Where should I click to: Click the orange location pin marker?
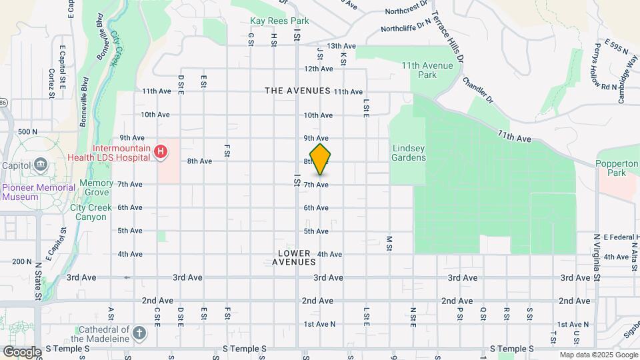pyautogui.click(x=321, y=159)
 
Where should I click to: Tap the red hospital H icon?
pyautogui.click(x=161, y=153)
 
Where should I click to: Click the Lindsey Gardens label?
pyautogui.click(x=409, y=153)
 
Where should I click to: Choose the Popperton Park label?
pyautogui.click(x=617, y=167)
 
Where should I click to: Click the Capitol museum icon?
pyautogui.click(x=41, y=165)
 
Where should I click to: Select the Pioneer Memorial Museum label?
pyautogui.click(x=39, y=192)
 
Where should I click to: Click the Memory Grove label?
pyautogui.click(x=96, y=187)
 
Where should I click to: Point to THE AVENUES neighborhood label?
pyautogui.click(x=297, y=91)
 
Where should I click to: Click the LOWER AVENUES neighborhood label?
pyautogui.click(x=294, y=257)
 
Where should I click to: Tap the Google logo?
pyautogui.click(x=21, y=351)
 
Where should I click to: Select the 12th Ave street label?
pyautogui.click(x=319, y=69)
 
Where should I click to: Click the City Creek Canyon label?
pyautogui.click(x=89, y=212)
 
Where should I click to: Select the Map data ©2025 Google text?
pyautogui.click(x=598, y=355)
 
